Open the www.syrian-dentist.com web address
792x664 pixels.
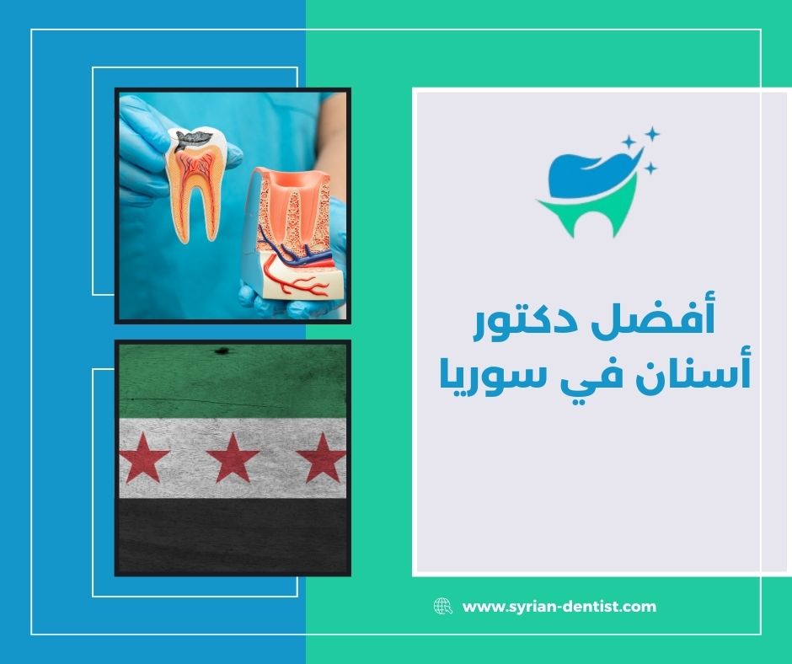click(x=559, y=606)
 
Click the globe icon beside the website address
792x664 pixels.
click(x=442, y=606)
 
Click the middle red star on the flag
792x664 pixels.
click(x=232, y=459)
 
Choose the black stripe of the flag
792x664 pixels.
click(x=232, y=535)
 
